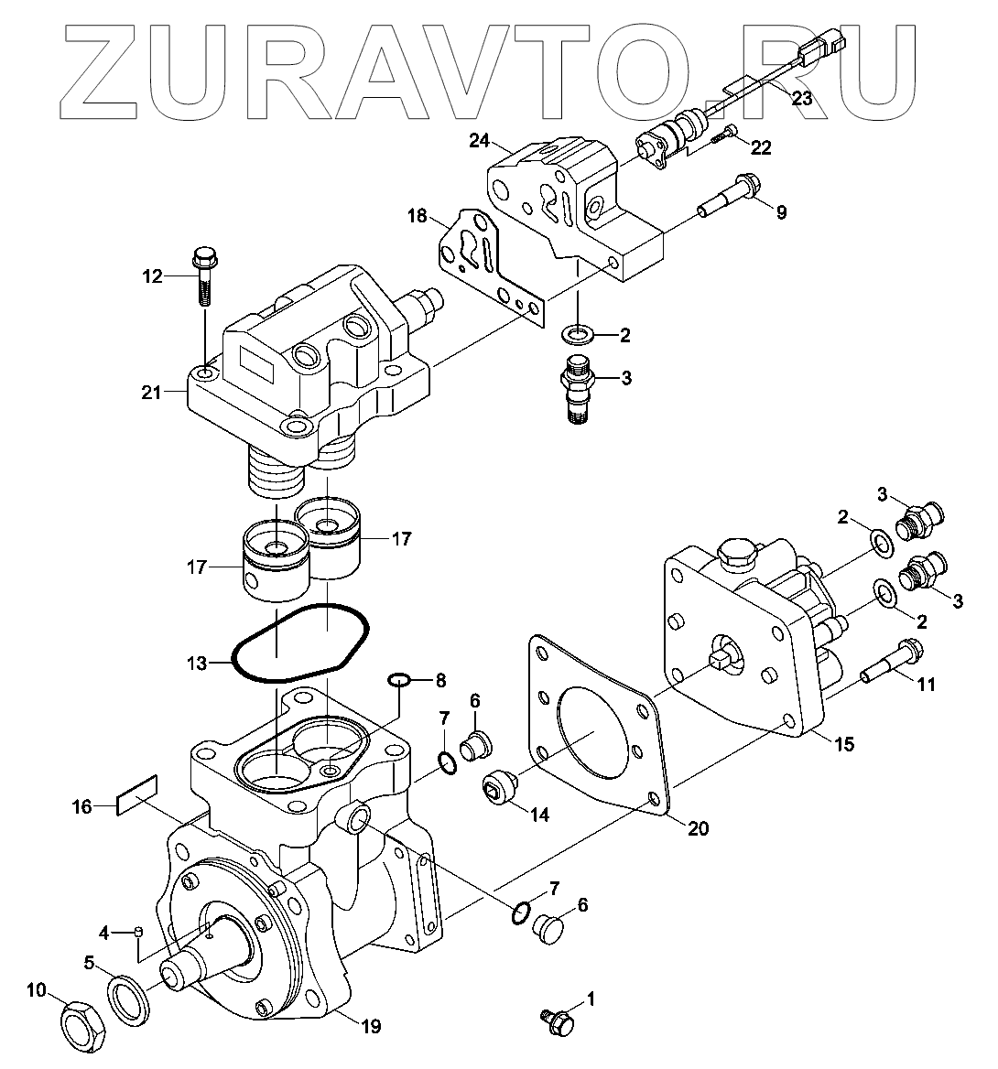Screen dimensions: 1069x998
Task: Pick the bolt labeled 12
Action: [x=203, y=276]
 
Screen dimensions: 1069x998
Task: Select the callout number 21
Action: [x=151, y=394]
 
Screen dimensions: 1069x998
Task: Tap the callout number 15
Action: [x=843, y=744]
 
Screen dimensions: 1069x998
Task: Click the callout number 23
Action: [x=801, y=99]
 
